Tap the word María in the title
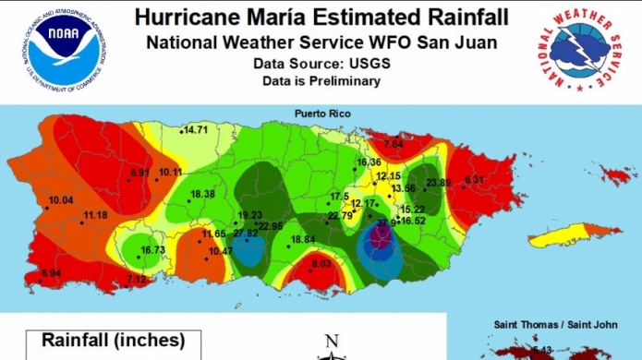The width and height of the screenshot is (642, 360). pyautogui.click(x=275, y=17)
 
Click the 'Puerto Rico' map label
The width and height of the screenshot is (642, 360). pyautogui.click(x=321, y=113)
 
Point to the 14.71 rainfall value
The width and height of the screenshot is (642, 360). pyautogui.click(x=195, y=130)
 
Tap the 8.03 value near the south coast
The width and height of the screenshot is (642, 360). pyautogui.click(x=321, y=264)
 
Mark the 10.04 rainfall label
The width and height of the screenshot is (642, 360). pyautogui.click(x=61, y=200)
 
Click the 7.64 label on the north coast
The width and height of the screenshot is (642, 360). pyautogui.click(x=394, y=145)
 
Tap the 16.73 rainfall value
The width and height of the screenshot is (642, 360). pyautogui.click(x=152, y=250)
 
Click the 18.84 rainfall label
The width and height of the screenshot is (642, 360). pyautogui.click(x=303, y=240)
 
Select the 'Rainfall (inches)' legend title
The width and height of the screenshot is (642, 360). pyautogui.click(x=113, y=341)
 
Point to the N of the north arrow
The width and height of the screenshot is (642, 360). pyautogui.click(x=333, y=340)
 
